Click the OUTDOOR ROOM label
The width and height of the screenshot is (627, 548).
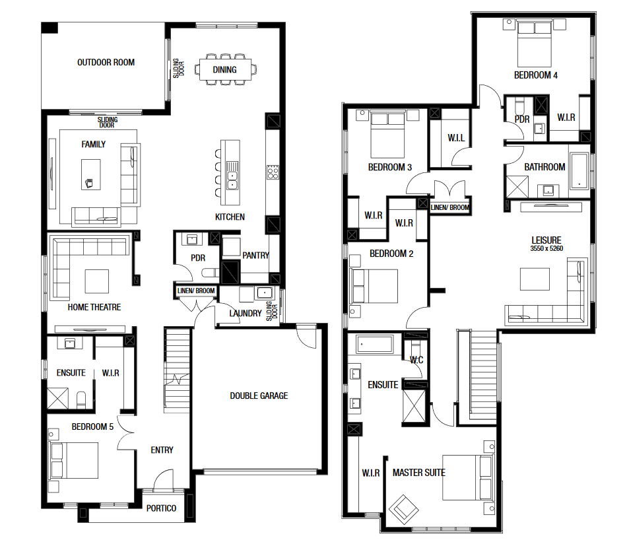(x=106, y=63)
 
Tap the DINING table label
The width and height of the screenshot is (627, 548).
(x=224, y=69)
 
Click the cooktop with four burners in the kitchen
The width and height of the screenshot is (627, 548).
(x=273, y=172)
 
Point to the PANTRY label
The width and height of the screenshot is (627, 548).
(x=256, y=256)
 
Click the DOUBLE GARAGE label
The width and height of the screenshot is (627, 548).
(x=259, y=395)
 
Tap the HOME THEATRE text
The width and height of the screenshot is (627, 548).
(x=94, y=307)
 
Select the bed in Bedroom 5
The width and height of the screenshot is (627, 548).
(x=73, y=460)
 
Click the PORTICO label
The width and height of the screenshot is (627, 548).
(x=161, y=508)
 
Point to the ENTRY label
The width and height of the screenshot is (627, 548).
(x=162, y=450)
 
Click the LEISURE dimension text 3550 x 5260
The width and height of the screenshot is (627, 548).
(x=546, y=248)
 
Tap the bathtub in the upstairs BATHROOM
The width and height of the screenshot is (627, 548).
(x=579, y=170)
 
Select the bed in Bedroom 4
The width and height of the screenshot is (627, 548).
(x=535, y=44)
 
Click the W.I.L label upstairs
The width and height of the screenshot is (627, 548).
(x=456, y=138)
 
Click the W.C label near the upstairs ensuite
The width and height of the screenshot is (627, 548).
(x=416, y=360)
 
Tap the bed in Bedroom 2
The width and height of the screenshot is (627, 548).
(x=374, y=286)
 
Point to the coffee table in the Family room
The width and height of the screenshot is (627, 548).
(x=91, y=174)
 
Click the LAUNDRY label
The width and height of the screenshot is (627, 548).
(x=245, y=313)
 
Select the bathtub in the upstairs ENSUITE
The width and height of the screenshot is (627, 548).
(x=375, y=344)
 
